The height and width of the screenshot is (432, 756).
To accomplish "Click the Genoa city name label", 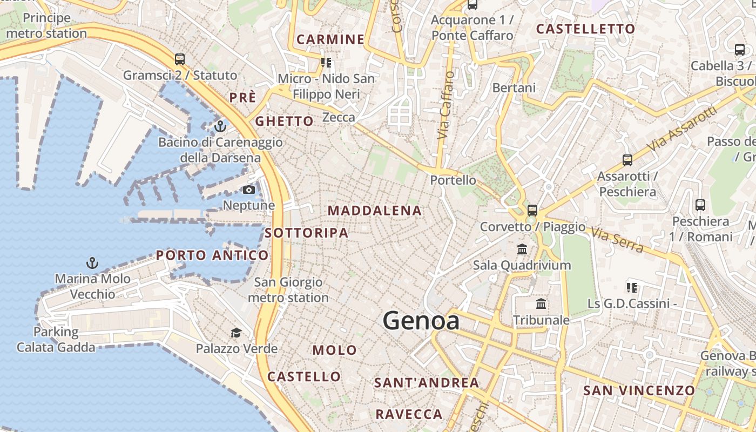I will pos(421,321).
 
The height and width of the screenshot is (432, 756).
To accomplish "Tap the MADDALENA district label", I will pos(375,211).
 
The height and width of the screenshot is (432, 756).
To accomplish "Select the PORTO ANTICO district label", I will pos(212,255).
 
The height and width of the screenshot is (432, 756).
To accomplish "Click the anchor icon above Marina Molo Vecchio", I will pos(92,263).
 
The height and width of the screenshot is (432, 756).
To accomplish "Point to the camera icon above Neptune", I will pos(249,190).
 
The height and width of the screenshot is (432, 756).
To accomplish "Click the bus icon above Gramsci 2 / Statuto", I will pos(180,59).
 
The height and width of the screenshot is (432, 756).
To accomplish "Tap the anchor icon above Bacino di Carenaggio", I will pos(220,126).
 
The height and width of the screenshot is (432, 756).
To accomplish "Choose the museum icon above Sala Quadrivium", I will pos(522,249).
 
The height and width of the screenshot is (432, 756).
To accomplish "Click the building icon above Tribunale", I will pos(541,304).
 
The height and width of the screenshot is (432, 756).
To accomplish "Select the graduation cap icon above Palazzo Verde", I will pos(236,333).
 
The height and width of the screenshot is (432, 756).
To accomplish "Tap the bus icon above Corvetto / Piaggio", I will pos(532,210).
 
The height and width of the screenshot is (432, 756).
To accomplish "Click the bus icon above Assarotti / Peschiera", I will pos(627,160).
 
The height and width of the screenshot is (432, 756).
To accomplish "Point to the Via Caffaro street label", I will pos(444,105).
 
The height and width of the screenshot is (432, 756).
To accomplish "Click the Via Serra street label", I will pos(617,240).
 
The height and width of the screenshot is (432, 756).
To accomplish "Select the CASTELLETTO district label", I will pos(585,29).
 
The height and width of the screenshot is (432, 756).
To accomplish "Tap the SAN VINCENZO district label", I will pos(639,390).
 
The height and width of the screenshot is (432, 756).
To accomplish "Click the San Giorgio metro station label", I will pos(288,290).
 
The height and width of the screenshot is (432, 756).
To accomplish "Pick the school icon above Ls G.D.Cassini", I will pos(631,287).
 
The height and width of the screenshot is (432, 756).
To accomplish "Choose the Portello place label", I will pos(453,180).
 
